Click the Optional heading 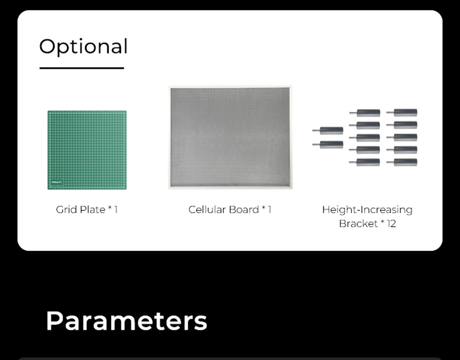(83, 46)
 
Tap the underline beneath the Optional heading (82, 68)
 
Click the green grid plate (87, 150)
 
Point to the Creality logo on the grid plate (57, 182)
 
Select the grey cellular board (230, 138)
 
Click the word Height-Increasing (367, 210)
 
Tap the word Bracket (358, 223)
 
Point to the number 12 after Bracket (391, 224)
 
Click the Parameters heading (127, 321)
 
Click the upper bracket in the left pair (328, 130)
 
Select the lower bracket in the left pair (328, 145)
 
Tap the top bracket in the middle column (365, 113)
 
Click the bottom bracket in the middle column (365, 162)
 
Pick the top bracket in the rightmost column (402, 112)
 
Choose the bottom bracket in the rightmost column (402, 162)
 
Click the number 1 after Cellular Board (270, 209)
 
